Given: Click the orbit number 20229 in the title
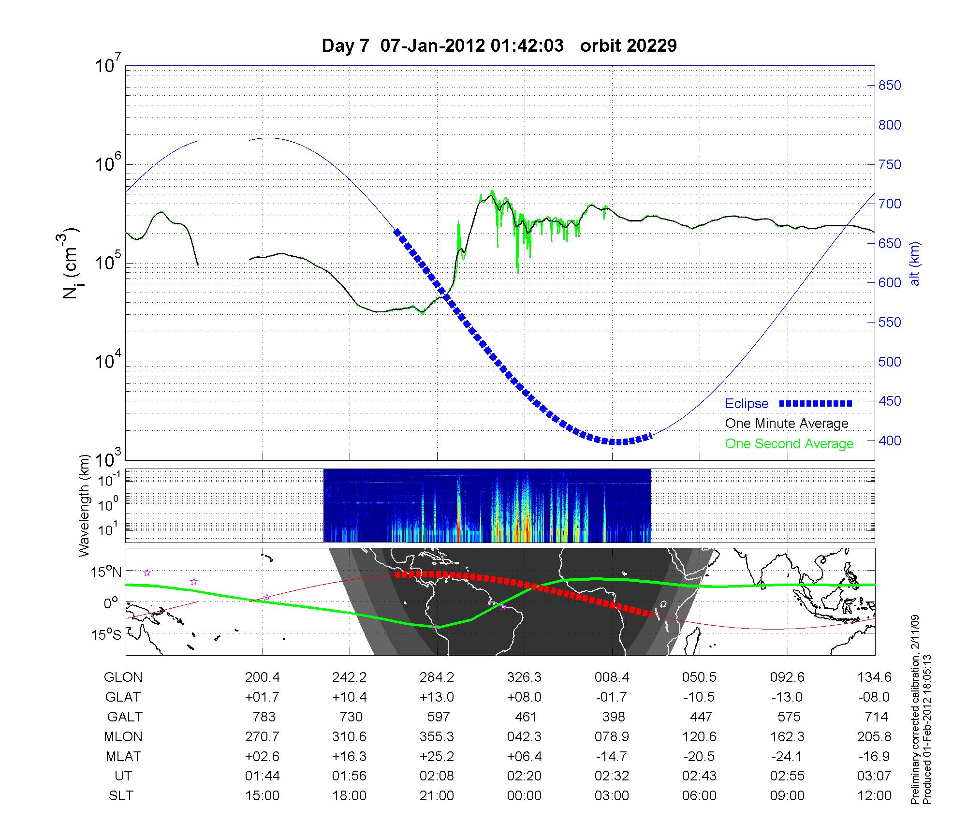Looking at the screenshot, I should tap(629, 46).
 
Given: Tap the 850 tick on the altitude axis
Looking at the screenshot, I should tap(890, 86).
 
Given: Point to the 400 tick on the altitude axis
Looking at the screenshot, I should tap(890, 441).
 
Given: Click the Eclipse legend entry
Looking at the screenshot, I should tap(747, 404).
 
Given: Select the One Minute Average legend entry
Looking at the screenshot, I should tap(787, 424).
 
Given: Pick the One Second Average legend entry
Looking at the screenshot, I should tap(789, 444).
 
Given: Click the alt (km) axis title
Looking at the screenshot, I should tap(915, 264).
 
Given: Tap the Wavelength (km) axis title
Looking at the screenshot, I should tap(85, 505).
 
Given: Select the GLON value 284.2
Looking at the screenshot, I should tap(437, 677).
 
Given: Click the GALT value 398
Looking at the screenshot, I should tap(614, 717).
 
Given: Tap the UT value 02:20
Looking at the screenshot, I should tap(525, 776).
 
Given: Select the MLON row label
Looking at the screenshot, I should tap(123, 736).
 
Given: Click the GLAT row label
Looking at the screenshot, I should tap(123, 697).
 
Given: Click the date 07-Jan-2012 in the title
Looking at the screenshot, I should tap(432, 46).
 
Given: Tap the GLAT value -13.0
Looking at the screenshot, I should tap(788, 697).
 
